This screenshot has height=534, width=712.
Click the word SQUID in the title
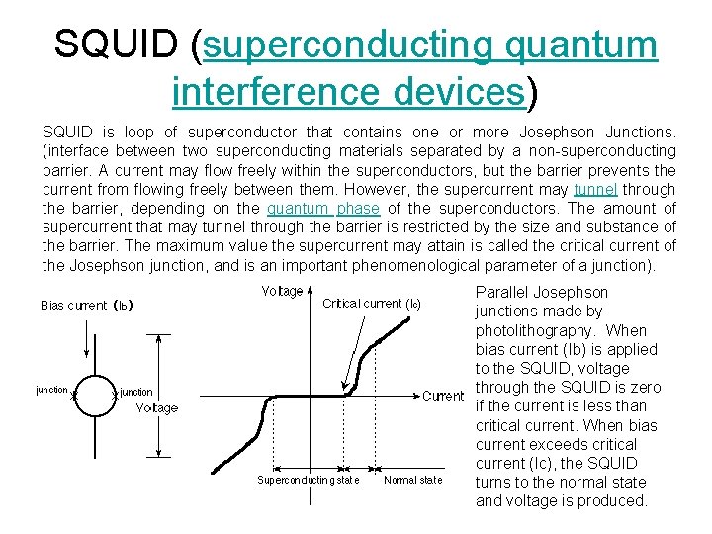(x=117, y=44)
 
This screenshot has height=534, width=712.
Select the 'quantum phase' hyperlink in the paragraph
(x=309, y=208)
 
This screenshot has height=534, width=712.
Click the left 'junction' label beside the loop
(x=51, y=390)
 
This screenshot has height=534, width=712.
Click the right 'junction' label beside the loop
(x=136, y=393)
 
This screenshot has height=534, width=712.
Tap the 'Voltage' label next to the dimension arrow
(x=157, y=407)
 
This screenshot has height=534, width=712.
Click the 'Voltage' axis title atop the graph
(x=283, y=291)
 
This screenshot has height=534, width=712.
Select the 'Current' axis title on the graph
(x=443, y=396)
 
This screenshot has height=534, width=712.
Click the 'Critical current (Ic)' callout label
(x=371, y=304)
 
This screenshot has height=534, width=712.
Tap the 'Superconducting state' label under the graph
(x=308, y=481)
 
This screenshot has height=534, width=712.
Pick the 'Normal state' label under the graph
(x=412, y=481)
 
